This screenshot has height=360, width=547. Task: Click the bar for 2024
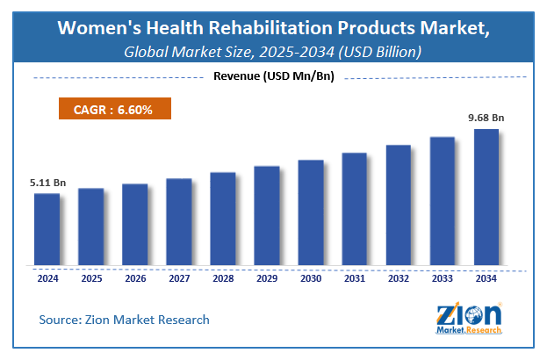(x=47, y=228)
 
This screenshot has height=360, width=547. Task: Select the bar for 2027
(x=179, y=221)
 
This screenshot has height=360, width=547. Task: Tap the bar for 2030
(x=311, y=212)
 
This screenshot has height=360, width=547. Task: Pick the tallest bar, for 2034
(x=486, y=197)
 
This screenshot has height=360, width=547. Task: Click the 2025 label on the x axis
(x=91, y=278)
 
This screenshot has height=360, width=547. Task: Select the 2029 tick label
(x=267, y=278)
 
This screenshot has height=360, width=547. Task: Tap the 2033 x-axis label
(x=443, y=278)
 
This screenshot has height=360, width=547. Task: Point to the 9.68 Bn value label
(x=486, y=118)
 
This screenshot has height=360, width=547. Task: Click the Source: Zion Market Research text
(x=124, y=320)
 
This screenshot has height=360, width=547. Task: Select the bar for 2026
(x=135, y=224)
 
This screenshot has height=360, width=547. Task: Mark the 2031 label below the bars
(x=355, y=278)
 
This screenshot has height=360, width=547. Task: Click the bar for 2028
(x=223, y=218)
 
